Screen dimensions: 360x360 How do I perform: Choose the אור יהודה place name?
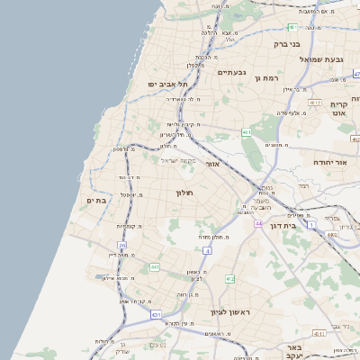click(329, 162)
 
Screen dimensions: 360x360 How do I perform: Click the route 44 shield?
click(257, 223)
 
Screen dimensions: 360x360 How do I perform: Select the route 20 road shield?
click(121, 245)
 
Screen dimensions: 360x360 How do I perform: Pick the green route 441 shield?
click(155, 267)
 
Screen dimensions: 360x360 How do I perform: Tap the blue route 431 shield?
click(156, 315)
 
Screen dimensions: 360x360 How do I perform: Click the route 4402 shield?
click(332, 236)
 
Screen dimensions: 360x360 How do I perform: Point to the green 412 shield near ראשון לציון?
click(230, 279)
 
